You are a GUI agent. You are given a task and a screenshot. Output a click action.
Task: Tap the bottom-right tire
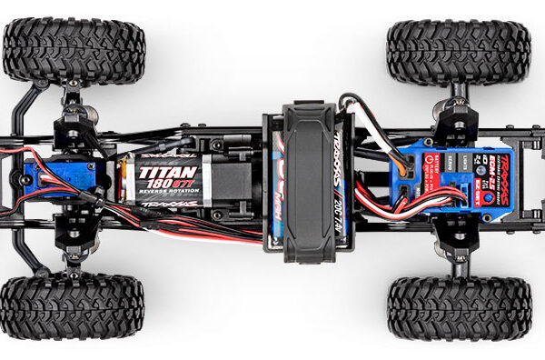[x=459, y=308]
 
